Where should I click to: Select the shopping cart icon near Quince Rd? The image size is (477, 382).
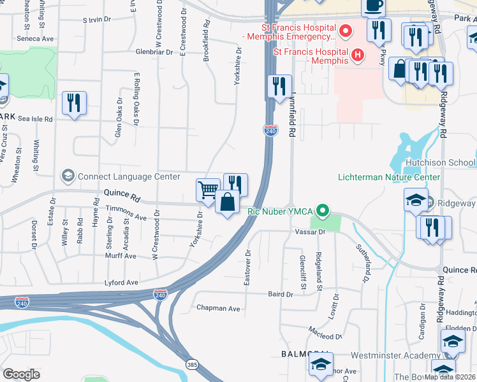pos(208,190)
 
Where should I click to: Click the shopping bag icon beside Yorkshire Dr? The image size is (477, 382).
pos(227,203)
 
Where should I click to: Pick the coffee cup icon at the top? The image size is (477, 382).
pos(374,6)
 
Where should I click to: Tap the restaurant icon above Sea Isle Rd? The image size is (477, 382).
pos(74,103)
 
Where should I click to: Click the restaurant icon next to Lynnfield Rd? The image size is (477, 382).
pos(279,86)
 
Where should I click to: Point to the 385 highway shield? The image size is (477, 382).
pos(192,364)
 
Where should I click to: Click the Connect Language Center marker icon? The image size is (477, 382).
pos(67,175)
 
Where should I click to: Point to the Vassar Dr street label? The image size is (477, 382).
pos(311,232)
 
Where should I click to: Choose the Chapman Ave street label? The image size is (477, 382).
pos(218,308)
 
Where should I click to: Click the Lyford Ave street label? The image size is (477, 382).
pos(122,282)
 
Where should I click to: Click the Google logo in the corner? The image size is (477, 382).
pos(21,374)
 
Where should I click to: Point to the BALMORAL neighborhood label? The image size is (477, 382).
pos(305,353)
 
